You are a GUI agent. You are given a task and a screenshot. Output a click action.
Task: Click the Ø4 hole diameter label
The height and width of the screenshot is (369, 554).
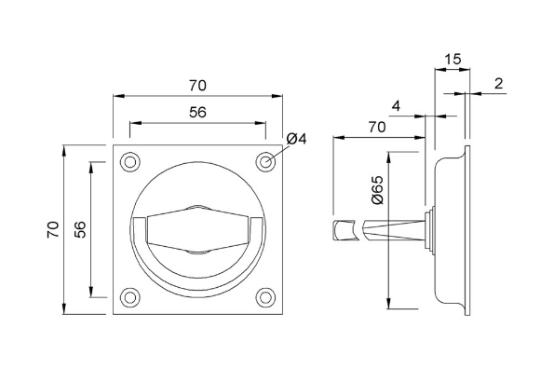(x=297, y=139)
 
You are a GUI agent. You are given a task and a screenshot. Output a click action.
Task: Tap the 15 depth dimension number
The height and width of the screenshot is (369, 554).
(x=452, y=59)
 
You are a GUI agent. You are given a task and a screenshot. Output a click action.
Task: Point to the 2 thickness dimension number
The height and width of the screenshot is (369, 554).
(x=498, y=84)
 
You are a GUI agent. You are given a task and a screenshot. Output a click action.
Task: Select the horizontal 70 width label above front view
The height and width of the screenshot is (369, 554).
(x=197, y=85)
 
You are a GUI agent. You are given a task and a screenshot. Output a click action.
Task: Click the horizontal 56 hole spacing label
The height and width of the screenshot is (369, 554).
(x=197, y=112)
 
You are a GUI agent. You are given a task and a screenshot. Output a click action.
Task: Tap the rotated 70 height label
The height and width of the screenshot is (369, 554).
(x=52, y=229)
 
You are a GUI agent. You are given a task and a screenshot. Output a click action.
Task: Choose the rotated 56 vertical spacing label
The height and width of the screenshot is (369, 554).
(x=79, y=229)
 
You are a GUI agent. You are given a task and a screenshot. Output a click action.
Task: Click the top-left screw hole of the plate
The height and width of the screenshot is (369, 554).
(x=128, y=160)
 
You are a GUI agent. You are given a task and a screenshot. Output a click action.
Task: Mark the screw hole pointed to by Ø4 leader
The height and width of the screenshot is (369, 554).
(x=266, y=160)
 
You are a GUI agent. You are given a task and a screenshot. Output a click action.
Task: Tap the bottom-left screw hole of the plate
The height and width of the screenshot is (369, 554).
(x=128, y=298)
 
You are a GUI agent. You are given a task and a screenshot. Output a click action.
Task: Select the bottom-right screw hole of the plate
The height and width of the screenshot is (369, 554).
(x=266, y=298)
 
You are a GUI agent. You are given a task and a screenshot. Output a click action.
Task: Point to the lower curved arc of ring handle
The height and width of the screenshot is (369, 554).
(x=197, y=283)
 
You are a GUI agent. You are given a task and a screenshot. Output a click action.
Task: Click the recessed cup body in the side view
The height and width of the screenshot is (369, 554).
(x=451, y=229)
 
